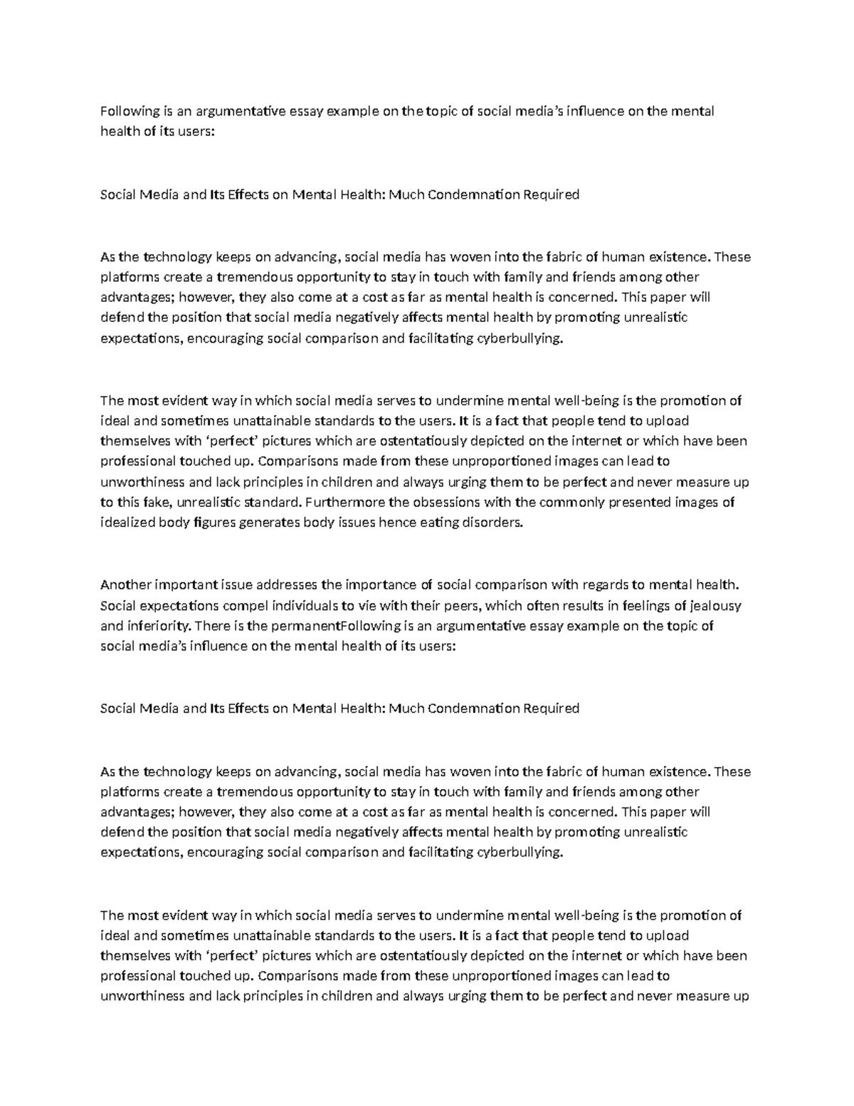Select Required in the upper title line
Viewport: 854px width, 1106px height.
552,194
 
